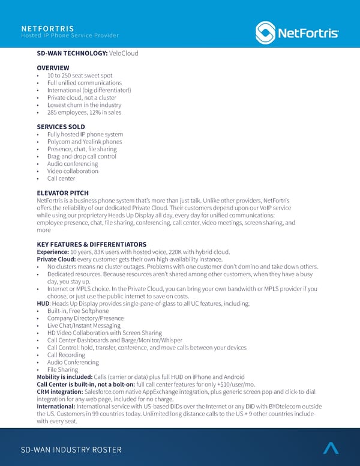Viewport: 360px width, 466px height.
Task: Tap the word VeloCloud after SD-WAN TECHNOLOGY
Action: pyautogui.click(x=124, y=53)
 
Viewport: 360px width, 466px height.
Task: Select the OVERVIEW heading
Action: pyautogui.click(x=53, y=68)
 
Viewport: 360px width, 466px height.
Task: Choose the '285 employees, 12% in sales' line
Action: pyautogui.click(x=83, y=112)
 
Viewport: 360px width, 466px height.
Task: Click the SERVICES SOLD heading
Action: pyautogui.click(x=61, y=127)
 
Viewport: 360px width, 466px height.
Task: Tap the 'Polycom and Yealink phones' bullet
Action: pyautogui.click(x=85, y=142)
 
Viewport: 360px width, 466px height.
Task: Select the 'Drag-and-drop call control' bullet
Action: pyautogui.click(x=82, y=156)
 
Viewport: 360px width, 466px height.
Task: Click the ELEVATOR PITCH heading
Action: pyautogui.click(x=62, y=193)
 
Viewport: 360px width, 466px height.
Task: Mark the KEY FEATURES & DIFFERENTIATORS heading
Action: pyautogui.click(x=91, y=244)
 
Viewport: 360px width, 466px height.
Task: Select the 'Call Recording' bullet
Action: pyautogui.click(x=66, y=355)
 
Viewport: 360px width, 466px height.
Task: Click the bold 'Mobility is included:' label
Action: pyautogui.click(x=64, y=377)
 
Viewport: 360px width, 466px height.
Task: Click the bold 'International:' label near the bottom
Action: pyautogui.click(x=56, y=406)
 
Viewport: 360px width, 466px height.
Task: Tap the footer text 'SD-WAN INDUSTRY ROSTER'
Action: pyautogui.click(x=71, y=450)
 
